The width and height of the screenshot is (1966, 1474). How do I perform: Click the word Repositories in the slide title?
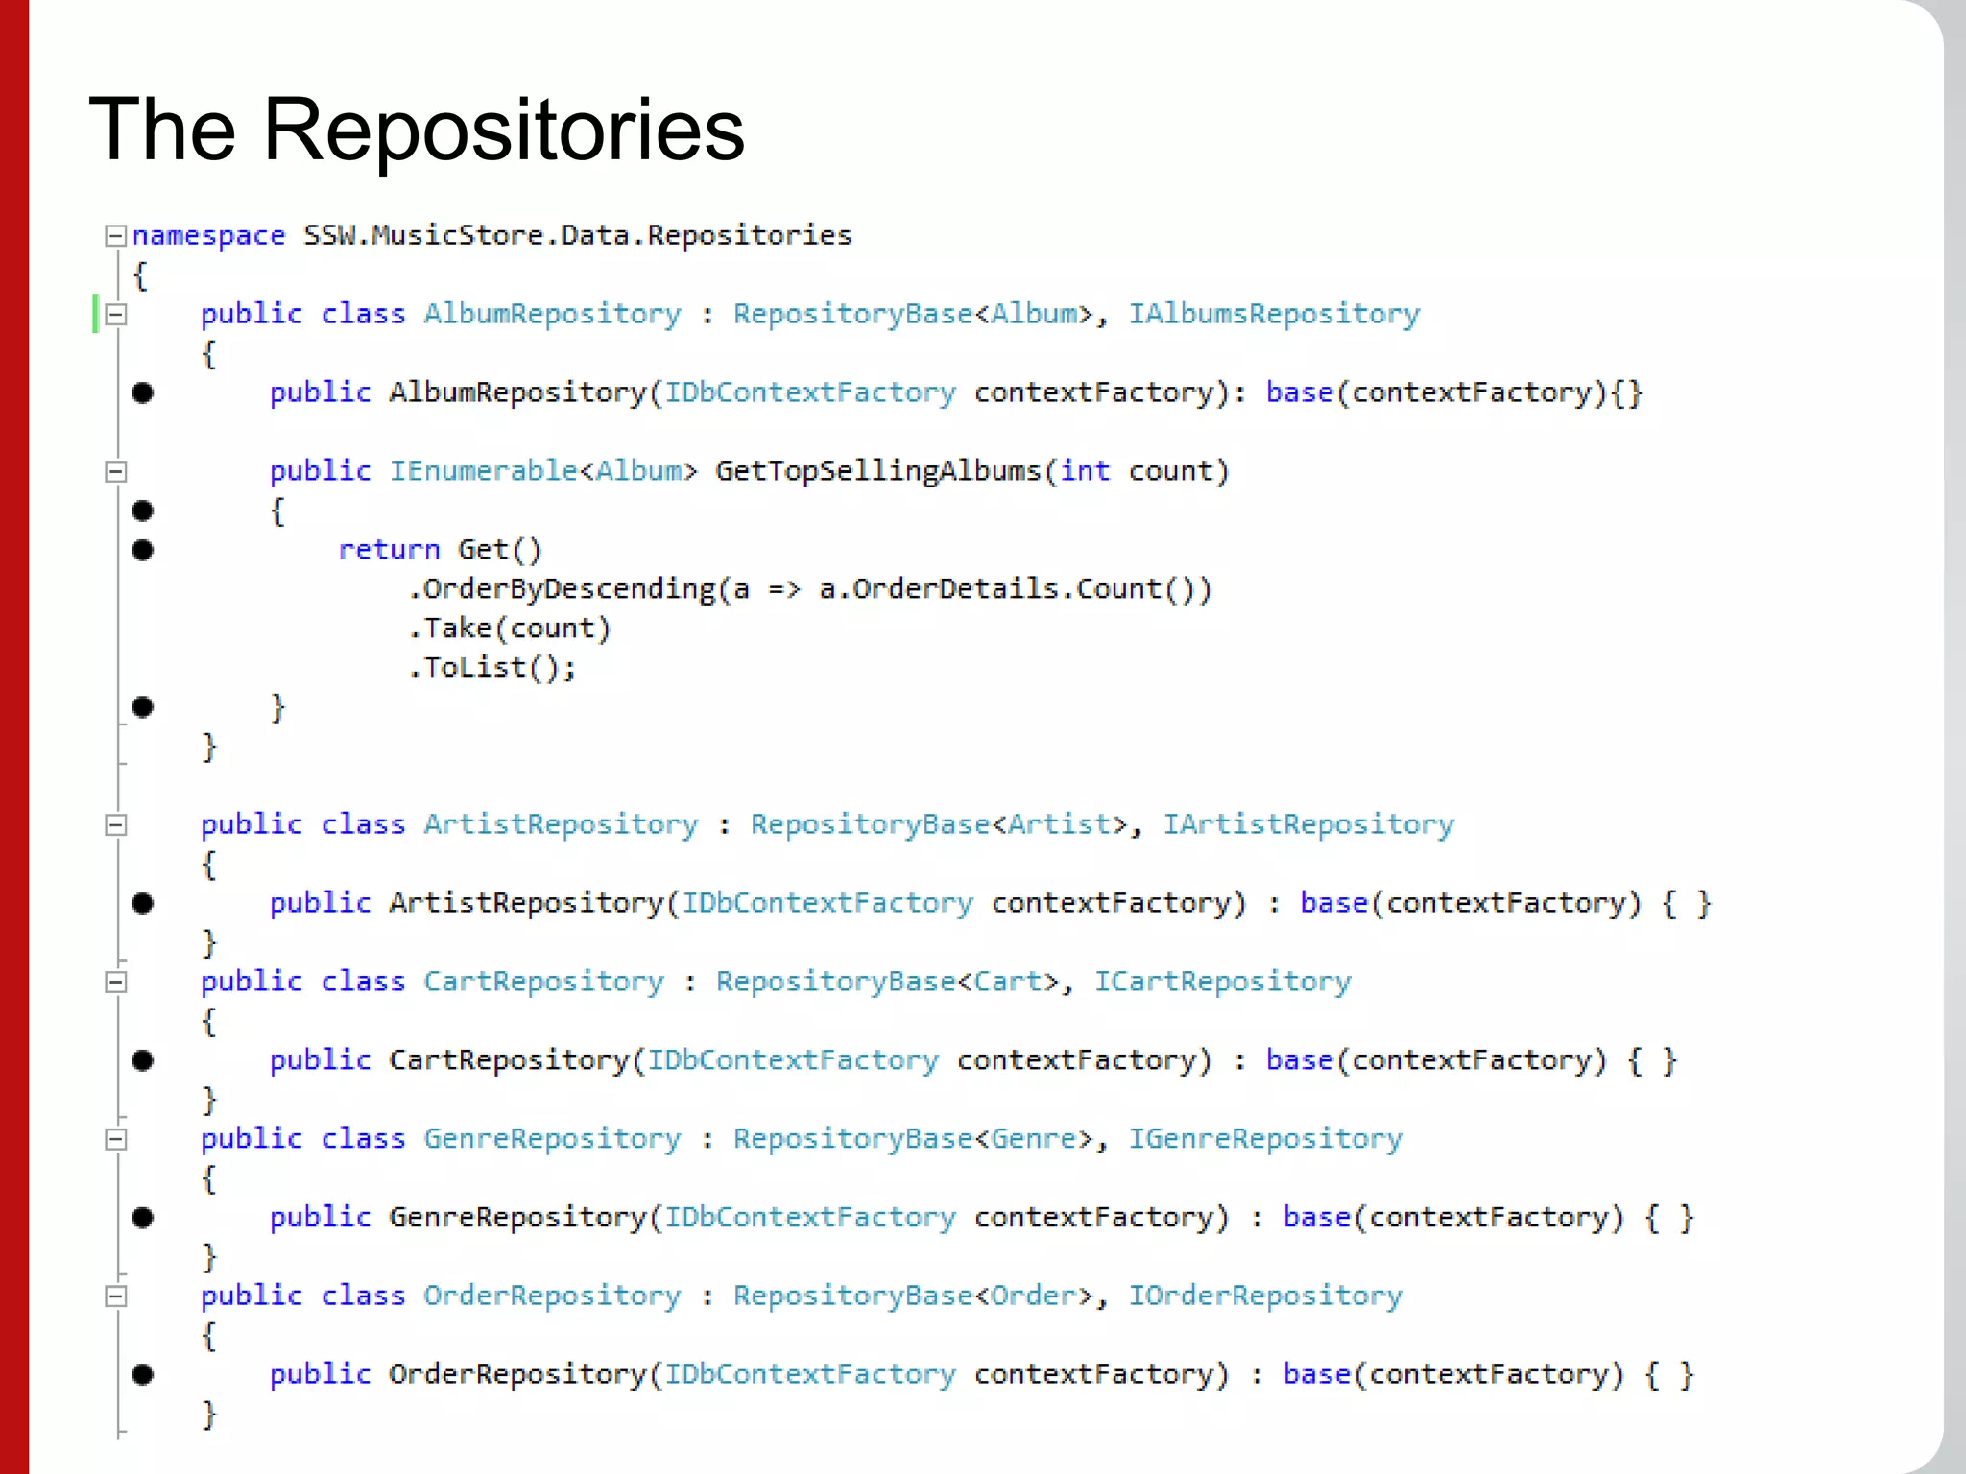click(503, 131)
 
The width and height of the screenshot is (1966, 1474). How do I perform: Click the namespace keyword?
click(208, 236)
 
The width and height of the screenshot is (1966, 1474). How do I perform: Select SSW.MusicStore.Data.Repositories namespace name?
click(577, 236)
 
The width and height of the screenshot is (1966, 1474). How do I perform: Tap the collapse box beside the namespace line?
click(115, 236)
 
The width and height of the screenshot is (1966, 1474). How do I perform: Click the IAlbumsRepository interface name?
click(1273, 315)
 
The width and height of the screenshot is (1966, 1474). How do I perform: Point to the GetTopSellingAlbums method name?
click(877, 471)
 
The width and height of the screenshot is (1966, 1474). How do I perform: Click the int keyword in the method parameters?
click(1085, 471)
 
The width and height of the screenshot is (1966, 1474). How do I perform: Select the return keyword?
click(389, 550)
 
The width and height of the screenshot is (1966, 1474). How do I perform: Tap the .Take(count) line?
click(510, 629)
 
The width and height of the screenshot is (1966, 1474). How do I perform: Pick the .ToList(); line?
click(492, 668)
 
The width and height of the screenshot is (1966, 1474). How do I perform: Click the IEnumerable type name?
click(483, 471)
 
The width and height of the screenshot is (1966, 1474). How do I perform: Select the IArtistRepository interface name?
click(1307, 825)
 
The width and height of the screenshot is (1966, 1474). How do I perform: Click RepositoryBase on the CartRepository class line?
click(835, 982)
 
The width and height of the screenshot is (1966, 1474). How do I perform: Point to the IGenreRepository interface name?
click(1264, 1139)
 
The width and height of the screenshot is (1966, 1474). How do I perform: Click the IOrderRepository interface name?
click(1264, 1296)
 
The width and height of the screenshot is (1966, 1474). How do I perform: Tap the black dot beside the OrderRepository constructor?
click(143, 1375)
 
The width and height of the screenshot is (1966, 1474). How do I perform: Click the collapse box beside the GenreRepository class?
click(115, 1139)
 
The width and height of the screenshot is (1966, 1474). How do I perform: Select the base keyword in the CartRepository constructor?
click(1299, 1060)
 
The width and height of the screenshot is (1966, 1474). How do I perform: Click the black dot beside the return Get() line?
click(143, 550)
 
